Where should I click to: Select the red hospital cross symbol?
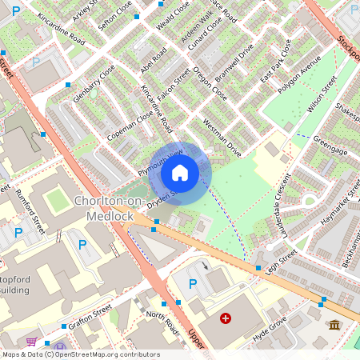pyautogui.click(x=226, y=318)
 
